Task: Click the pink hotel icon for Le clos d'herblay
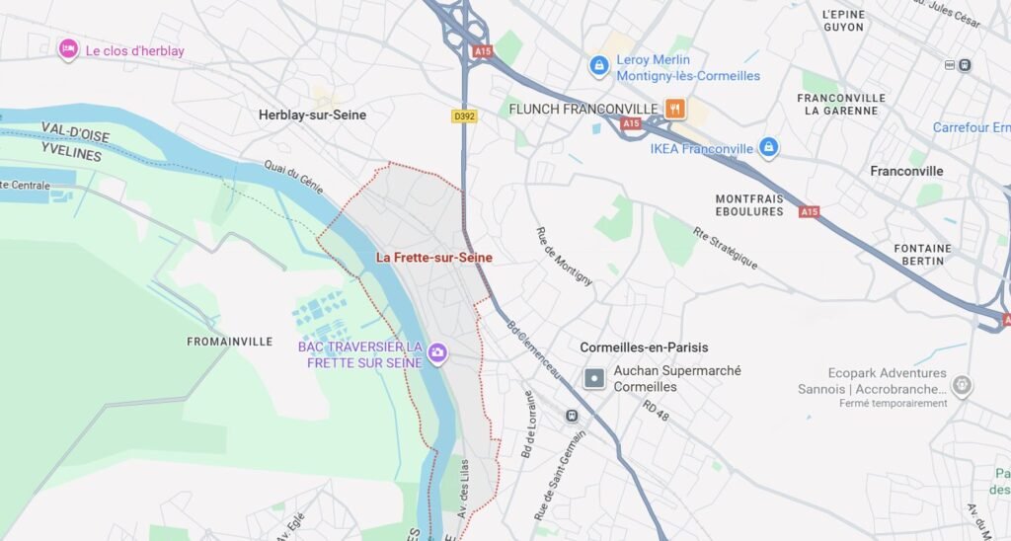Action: pos(68,49)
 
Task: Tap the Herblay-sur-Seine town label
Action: pos(312,116)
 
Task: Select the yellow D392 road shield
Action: pos(464,116)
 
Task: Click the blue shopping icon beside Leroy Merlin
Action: pos(598,66)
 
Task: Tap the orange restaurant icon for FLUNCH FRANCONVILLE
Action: pos(675,108)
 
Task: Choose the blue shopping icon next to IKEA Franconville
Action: pos(769,149)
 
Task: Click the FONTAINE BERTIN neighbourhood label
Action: pos(922,254)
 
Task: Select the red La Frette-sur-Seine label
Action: pos(433,258)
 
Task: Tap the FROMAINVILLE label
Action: pos(229,342)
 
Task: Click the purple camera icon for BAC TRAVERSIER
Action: pos(437,352)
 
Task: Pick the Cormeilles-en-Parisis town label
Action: pos(644,348)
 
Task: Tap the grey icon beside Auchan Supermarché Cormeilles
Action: pos(594,378)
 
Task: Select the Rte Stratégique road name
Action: pos(724,249)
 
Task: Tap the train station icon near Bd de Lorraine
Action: pos(572,416)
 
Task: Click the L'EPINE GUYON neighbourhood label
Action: pos(842,21)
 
